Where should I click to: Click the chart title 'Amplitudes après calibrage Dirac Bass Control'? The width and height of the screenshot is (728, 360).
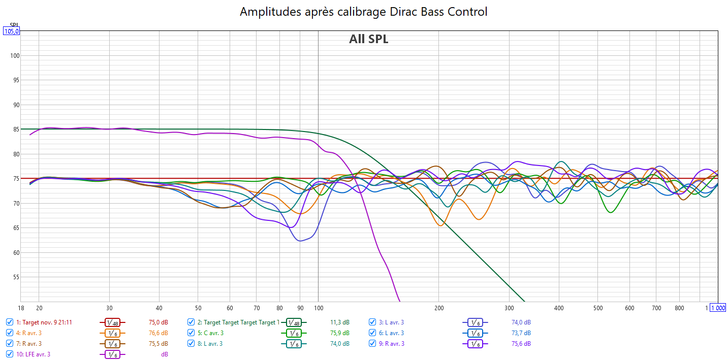pyautogui.click(x=363, y=12)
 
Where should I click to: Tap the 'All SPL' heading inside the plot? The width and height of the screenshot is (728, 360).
pyautogui.click(x=368, y=39)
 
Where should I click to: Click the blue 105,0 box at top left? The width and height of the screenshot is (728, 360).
pyautogui.click(x=11, y=31)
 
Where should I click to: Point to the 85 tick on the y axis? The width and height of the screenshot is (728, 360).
pyautogui.click(x=15, y=129)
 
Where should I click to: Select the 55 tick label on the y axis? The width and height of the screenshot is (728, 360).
pyautogui.click(x=15, y=277)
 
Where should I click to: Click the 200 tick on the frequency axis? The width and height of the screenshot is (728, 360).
pyautogui.click(x=439, y=308)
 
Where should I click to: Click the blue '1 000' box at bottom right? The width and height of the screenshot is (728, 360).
pyautogui.click(x=718, y=308)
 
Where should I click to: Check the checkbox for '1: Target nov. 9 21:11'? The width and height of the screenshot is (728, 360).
pyautogui.click(x=10, y=322)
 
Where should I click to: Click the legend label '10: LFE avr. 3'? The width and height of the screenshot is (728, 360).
pyautogui.click(x=33, y=354)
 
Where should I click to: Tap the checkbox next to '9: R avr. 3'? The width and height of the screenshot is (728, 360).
pyautogui.click(x=372, y=343)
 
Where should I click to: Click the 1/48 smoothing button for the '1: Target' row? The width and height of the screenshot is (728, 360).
pyautogui.click(x=112, y=322)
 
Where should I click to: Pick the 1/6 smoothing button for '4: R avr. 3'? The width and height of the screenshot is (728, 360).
pyautogui.click(x=112, y=333)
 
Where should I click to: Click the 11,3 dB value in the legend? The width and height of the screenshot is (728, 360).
pyautogui.click(x=339, y=322)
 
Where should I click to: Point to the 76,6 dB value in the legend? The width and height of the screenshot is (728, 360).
pyautogui.click(x=158, y=333)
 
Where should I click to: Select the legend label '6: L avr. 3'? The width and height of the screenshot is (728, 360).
pyautogui.click(x=391, y=333)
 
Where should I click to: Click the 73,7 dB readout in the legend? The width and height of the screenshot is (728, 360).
pyautogui.click(x=521, y=333)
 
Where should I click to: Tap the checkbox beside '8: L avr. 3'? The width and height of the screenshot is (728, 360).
pyautogui.click(x=191, y=343)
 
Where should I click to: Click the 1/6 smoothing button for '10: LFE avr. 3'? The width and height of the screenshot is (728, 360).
pyautogui.click(x=112, y=354)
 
